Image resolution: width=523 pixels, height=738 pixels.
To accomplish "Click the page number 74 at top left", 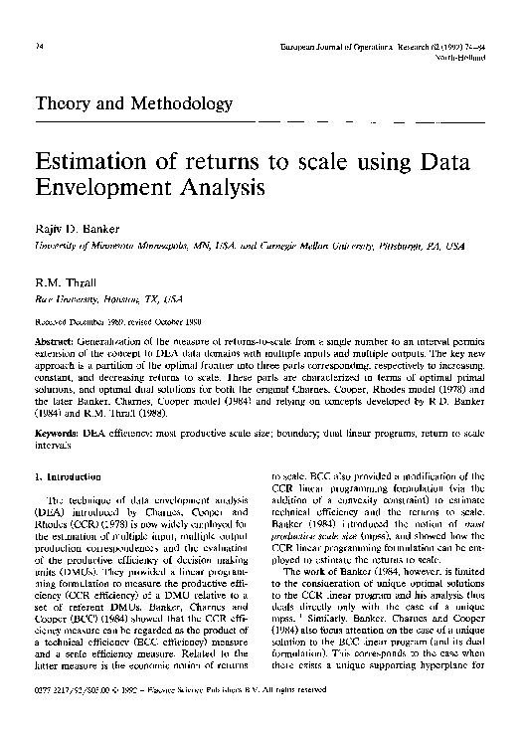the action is pyautogui.click(x=38, y=47).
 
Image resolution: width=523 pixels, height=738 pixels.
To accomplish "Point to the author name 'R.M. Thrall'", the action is pyautogui.click(x=64, y=283).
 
